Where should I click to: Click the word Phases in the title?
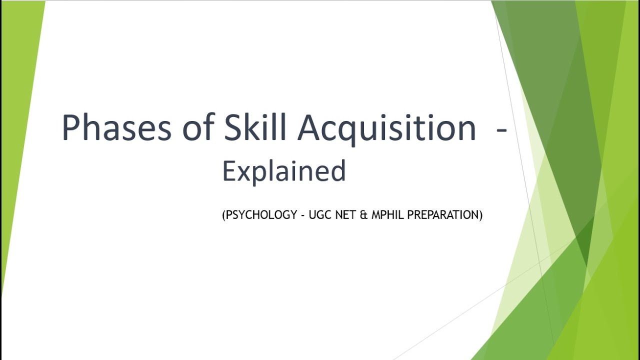coord(116,128)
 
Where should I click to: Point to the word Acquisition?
coord(386,128)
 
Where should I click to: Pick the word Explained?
coord(284,171)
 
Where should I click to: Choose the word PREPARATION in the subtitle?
coord(443,215)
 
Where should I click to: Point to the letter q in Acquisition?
coord(350,131)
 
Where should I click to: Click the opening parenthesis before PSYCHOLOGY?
coord(224,215)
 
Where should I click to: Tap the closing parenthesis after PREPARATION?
coord(480,215)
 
